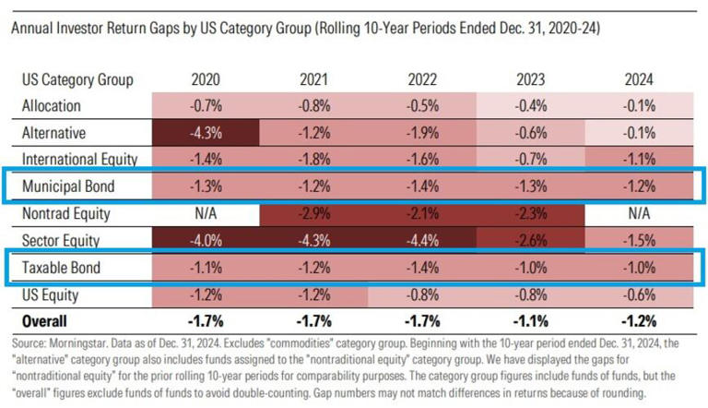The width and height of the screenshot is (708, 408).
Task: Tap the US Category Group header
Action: tap(77, 79)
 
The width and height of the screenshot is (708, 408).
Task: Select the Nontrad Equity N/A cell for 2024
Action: tap(637, 214)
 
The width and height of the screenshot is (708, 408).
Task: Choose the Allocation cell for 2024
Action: tap(637, 105)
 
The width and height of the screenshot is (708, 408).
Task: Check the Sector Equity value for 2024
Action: tap(637, 242)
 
